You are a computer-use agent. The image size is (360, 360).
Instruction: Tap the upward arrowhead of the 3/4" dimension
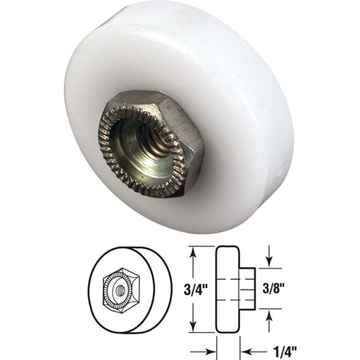click(193, 250)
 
